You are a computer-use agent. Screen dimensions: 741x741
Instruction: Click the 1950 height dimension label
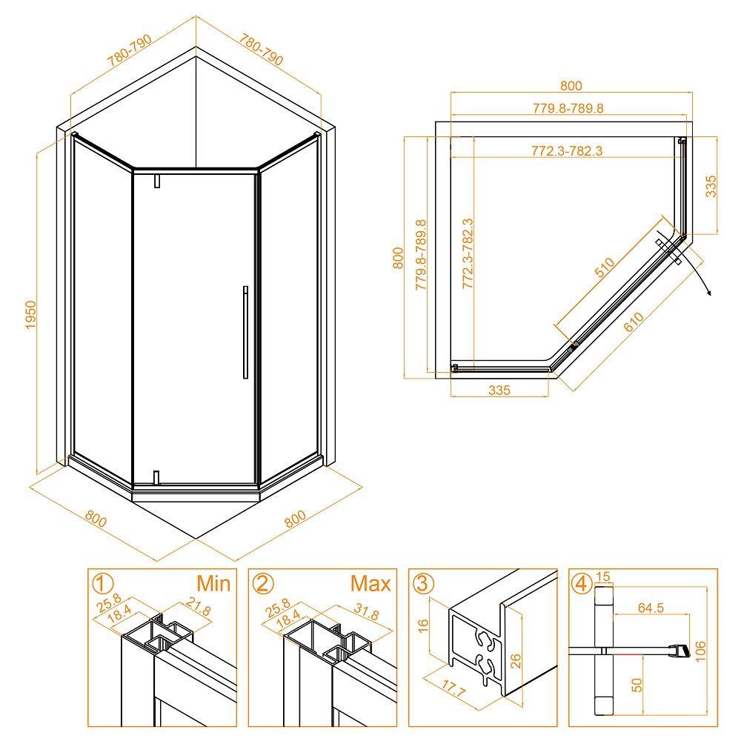pyautogui.click(x=30, y=315)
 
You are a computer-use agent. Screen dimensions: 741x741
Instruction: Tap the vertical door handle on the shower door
pyautogui.click(x=245, y=332)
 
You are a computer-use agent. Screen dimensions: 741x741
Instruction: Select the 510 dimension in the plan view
pyautogui.click(x=605, y=267)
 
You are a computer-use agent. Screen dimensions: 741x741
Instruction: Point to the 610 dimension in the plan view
pyautogui.click(x=634, y=322)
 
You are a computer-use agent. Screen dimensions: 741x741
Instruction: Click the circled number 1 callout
pyautogui.click(x=102, y=584)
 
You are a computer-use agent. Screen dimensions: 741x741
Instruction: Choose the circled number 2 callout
pyautogui.click(x=263, y=584)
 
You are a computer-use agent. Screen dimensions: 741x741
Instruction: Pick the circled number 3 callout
pyautogui.click(x=423, y=584)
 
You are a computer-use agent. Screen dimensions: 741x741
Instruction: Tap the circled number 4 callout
pyautogui.click(x=582, y=584)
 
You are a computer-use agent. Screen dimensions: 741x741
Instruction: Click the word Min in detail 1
pyautogui.click(x=213, y=583)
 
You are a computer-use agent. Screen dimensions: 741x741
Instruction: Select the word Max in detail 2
pyautogui.click(x=370, y=584)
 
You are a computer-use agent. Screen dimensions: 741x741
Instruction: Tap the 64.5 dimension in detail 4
pyautogui.click(x=651, y=608)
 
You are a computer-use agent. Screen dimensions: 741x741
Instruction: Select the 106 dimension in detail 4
pyautogui.click(x=701, y=651)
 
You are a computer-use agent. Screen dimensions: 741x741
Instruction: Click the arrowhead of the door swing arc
pyautogui.click(x=708, y=292)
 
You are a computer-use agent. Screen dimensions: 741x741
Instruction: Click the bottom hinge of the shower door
pyautogui.click(x=157, y=477)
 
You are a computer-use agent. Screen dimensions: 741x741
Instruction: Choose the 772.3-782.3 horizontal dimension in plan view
pyautogui.click(x=567, y=150)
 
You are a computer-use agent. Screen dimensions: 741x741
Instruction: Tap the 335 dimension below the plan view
pyautogui.click(x=499, y=390)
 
